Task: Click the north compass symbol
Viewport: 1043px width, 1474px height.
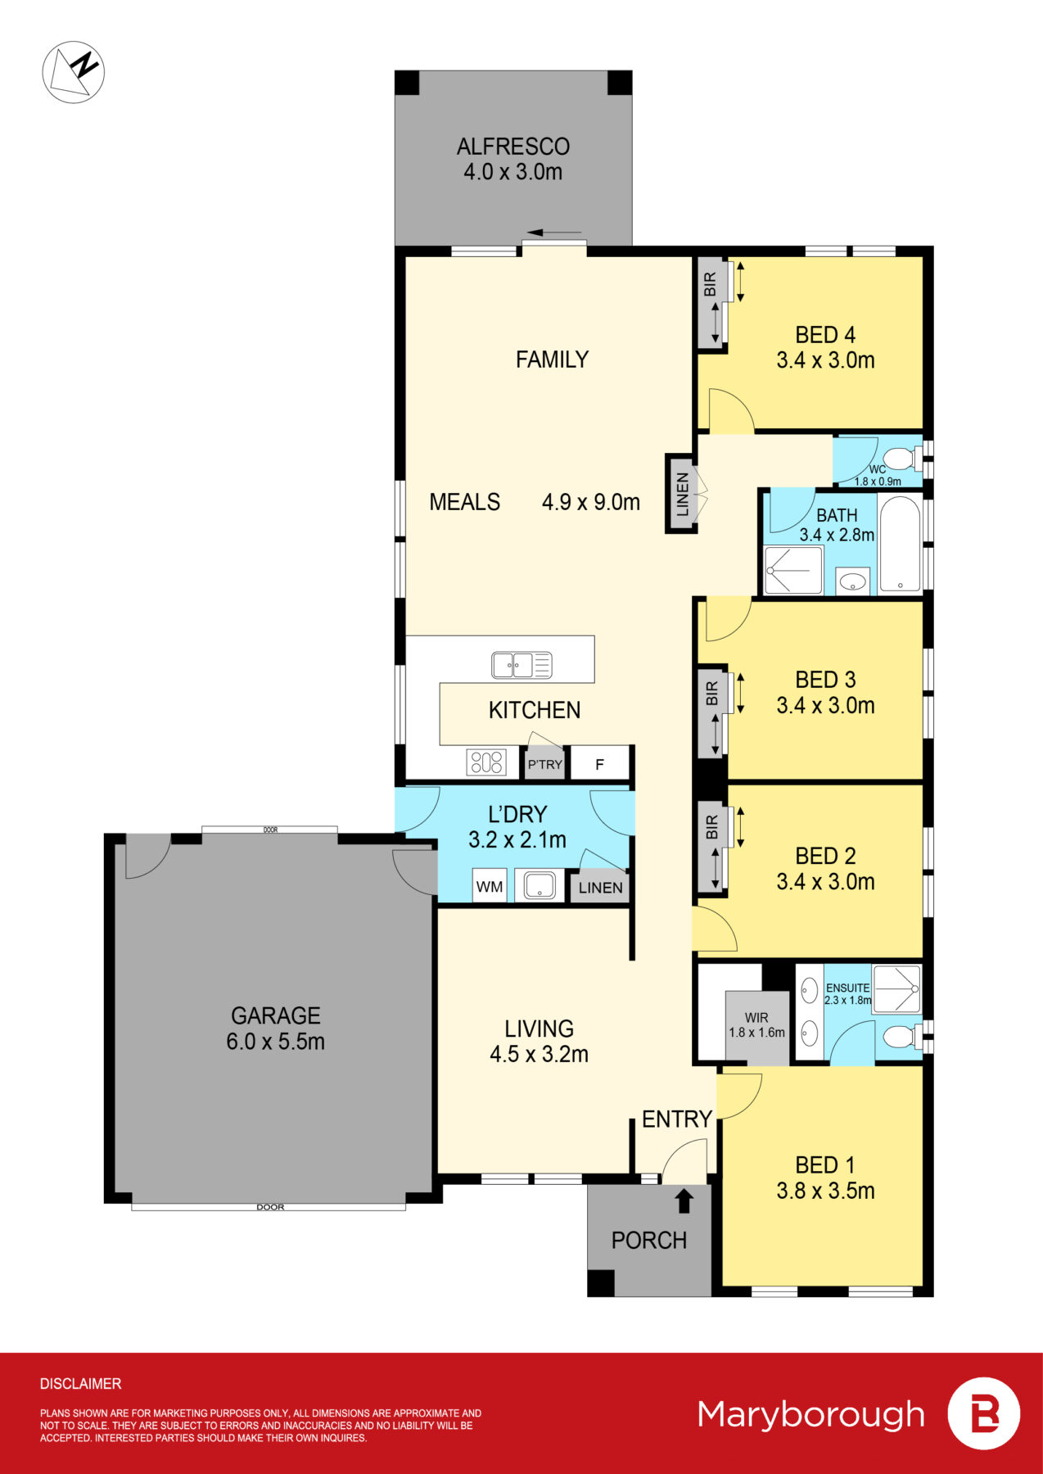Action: [73, 72]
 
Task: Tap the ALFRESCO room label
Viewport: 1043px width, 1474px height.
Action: [513, 147]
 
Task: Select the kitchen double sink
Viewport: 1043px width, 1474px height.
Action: [521, 665]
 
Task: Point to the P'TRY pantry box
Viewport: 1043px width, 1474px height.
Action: [544, 764]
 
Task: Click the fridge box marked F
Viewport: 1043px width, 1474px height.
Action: [599, 764]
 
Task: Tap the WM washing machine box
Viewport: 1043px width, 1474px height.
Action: [490, 887]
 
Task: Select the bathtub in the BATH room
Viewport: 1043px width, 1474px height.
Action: [900, 542]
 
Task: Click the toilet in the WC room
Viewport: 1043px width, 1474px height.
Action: [900, 458]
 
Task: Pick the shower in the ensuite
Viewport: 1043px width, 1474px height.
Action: [896, 989]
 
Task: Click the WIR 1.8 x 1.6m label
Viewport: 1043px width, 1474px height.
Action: [756, 1025]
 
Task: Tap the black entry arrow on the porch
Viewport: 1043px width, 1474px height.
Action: [684, 1200]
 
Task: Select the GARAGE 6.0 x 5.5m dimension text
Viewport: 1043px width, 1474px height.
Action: [275, 1042]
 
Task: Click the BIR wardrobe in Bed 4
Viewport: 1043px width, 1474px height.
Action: [710, 303]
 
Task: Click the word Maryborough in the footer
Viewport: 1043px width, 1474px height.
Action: [810, 1414]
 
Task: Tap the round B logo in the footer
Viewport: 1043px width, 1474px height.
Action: [983, 1414]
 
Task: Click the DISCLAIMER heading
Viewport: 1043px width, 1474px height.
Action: [80, 1384]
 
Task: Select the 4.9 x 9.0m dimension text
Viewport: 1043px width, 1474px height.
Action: [590, 502]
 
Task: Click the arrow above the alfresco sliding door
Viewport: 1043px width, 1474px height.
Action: [554, 233]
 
